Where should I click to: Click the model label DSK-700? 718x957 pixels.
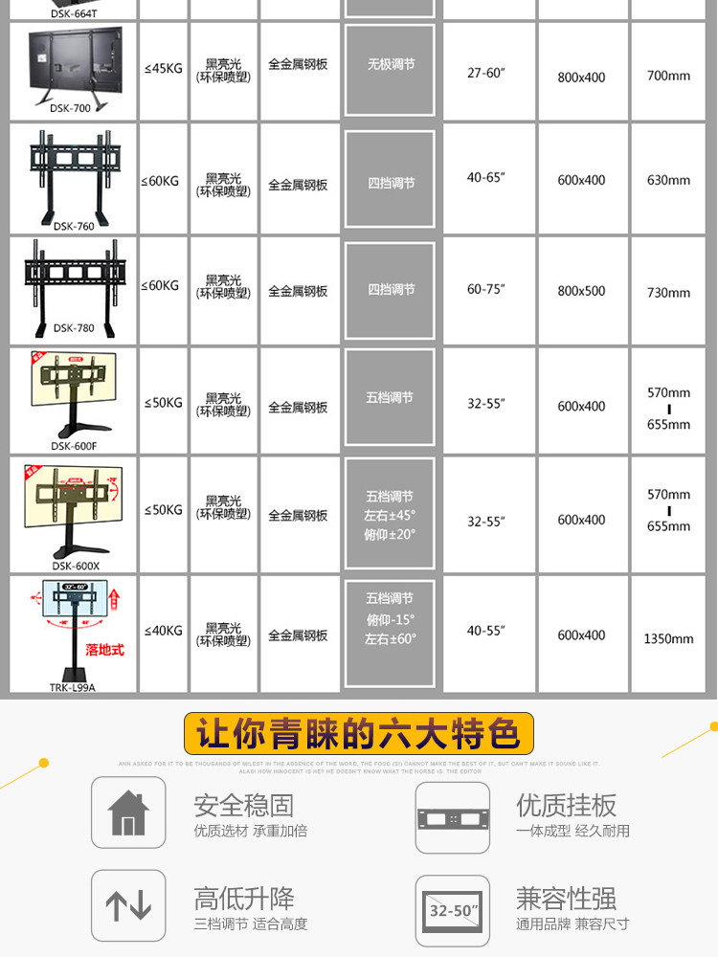coord(71,108)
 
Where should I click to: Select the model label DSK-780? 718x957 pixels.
coord(73,327)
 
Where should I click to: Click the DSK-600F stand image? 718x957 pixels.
coord(73,392)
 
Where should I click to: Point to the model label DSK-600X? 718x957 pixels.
coord(75,566)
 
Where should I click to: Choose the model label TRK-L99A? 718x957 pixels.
coord(74,686)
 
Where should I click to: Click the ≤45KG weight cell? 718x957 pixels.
coord(163,68)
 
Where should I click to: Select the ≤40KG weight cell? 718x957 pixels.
coord(163,631)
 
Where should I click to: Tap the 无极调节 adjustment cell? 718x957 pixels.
coord(391,65)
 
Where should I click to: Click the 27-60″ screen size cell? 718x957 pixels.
coord(485,73)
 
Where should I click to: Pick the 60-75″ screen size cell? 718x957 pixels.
coord(485,289)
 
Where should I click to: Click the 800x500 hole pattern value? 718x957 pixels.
coord(581,291)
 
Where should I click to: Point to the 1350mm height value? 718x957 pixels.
coord(668,638)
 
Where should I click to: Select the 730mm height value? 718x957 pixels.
coord(668,293)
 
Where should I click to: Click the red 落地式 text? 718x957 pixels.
coord(105,649)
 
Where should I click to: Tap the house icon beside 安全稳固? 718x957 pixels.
coord(128,813)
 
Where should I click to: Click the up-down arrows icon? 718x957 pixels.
coord(128,905)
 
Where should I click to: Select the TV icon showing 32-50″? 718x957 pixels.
coord(452,911)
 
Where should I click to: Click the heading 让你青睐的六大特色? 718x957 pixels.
coord(358,735)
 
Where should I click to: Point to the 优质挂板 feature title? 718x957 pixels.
coord(566,805)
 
